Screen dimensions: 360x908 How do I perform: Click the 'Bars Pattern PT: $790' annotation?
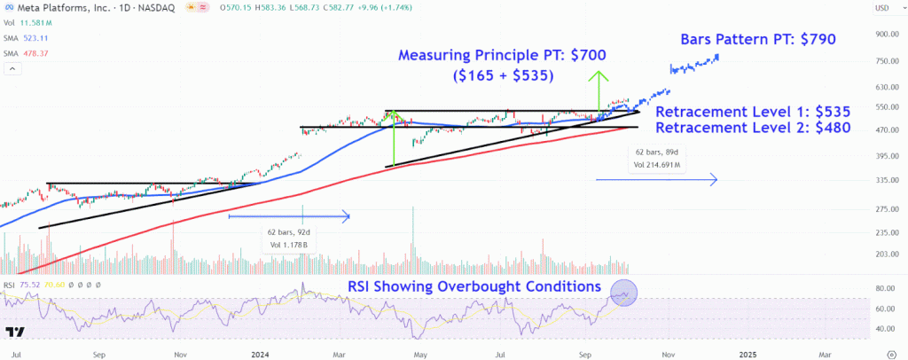click(x=757, y=40)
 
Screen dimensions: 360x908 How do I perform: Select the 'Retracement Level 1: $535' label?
click(x=753, y=113)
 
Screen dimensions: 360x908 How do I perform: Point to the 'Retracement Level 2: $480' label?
click(x=753, y=129)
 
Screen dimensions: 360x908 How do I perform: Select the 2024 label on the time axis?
click(x=260, y=353)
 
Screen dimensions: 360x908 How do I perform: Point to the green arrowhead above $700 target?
click(x=601, y=74)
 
